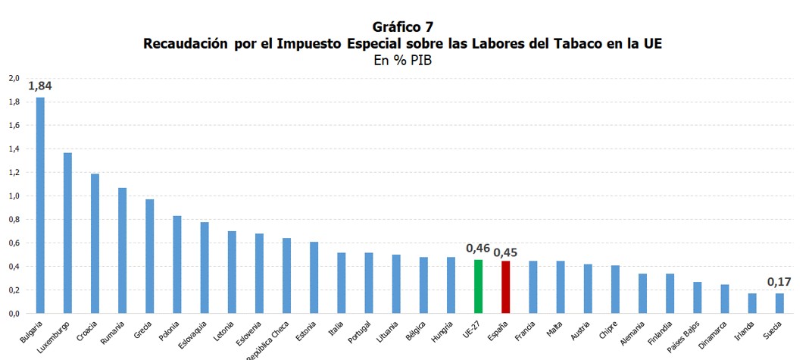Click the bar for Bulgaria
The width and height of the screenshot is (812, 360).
(x=40, y=205)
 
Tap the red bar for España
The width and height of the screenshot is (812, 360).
(x=505, y=287)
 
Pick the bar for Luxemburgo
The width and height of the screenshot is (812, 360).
(x=67, y=233)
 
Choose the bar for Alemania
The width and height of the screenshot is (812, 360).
(x=642, y=293)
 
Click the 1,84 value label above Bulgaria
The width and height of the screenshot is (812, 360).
(x=39, y=86)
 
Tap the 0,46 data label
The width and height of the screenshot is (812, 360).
(x=478, y=249)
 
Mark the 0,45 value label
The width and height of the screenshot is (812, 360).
(x=506, y=252)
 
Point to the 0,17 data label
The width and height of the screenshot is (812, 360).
(x=779, y=282)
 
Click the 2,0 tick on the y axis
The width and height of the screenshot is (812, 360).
(x=14, y=78)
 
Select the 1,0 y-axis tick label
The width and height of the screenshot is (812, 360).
(x=14, y=196)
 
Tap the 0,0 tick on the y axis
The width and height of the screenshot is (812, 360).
(x=14, y=313)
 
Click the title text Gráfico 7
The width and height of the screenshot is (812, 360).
(x=402, y=28)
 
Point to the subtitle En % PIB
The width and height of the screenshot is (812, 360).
(x=402, y=61)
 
